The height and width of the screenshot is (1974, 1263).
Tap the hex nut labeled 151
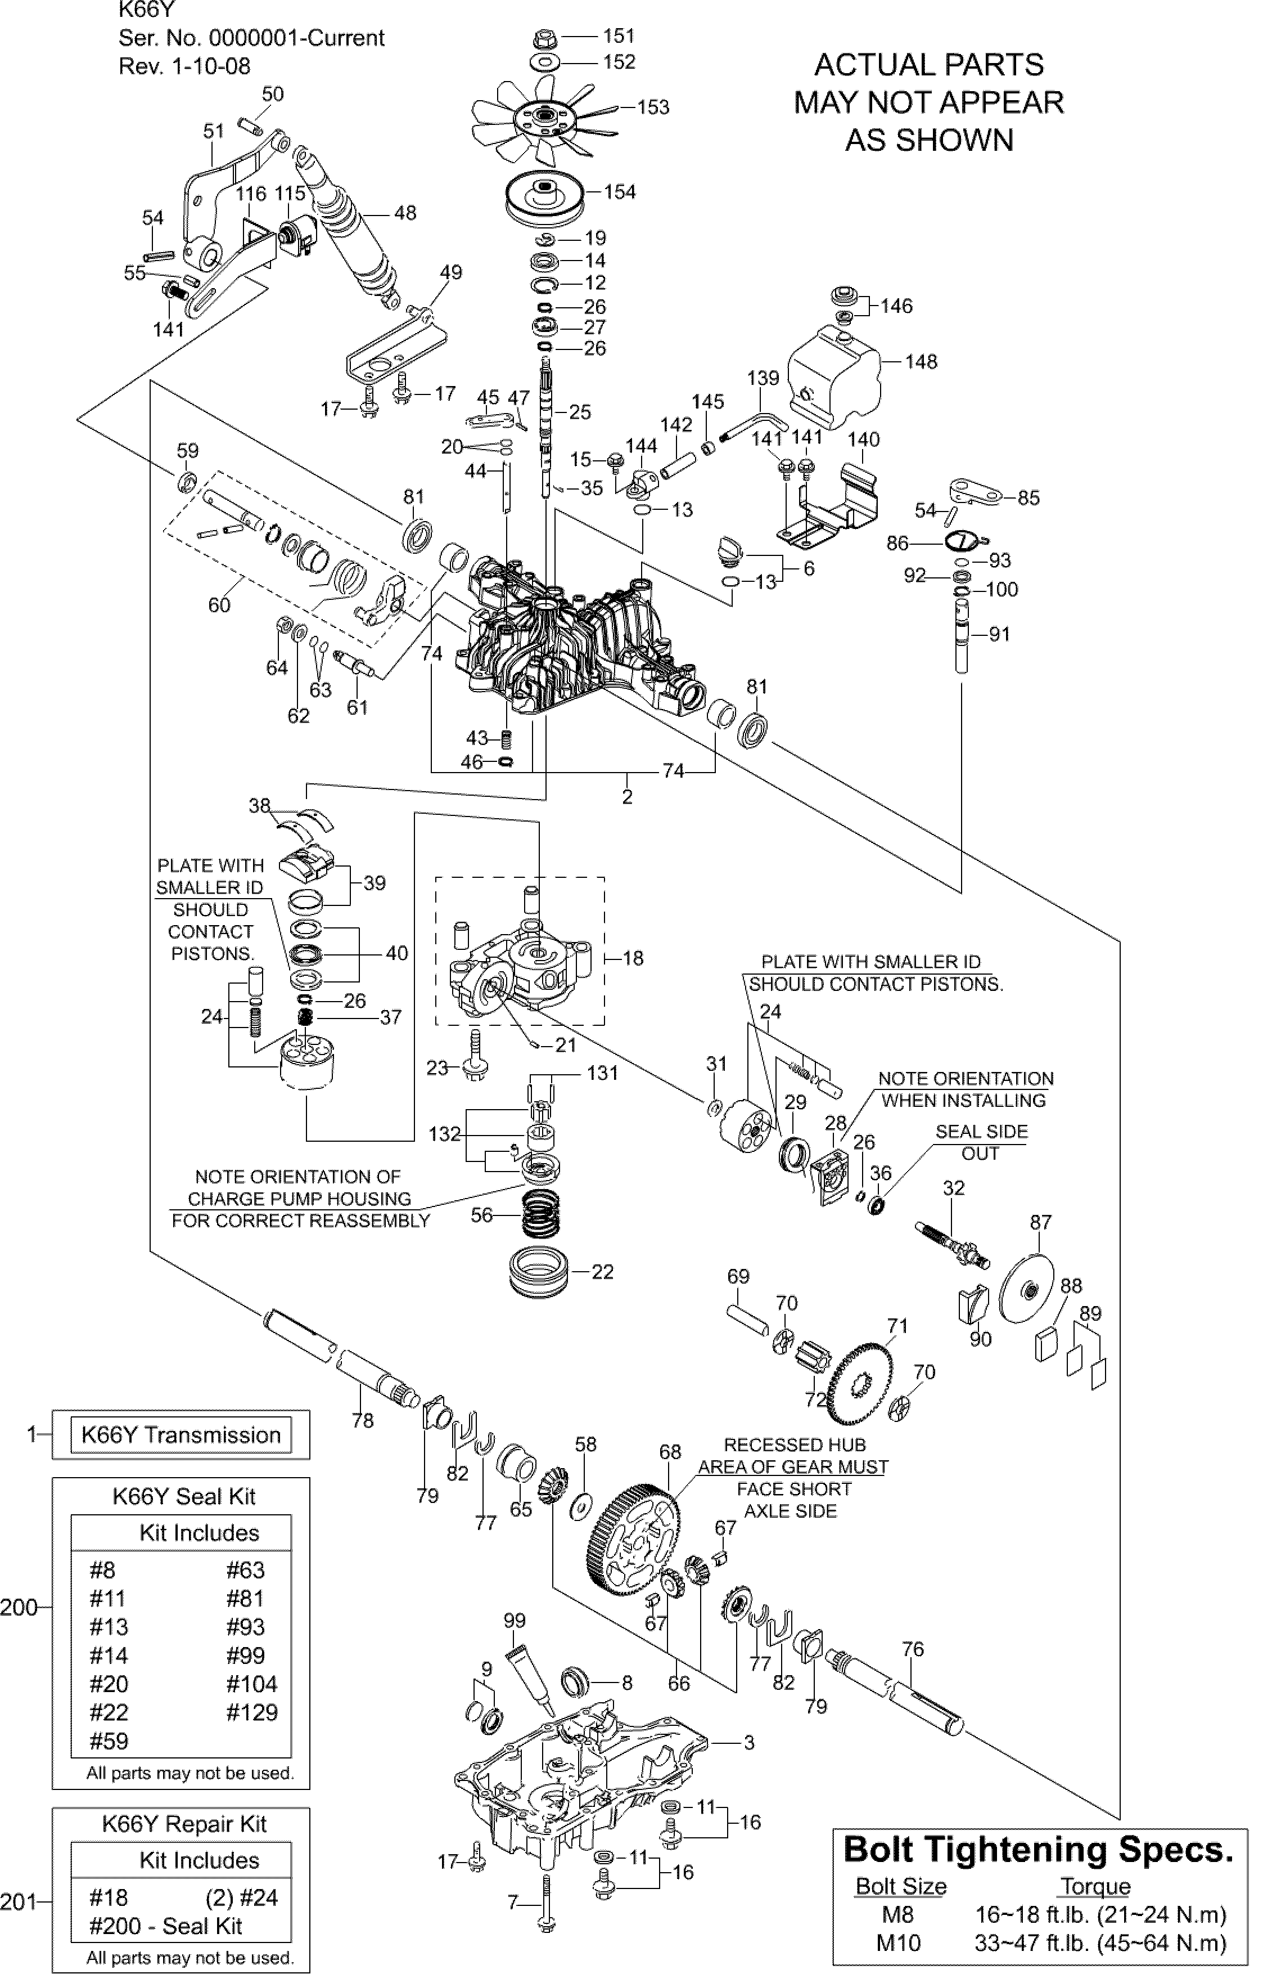click(545, 37)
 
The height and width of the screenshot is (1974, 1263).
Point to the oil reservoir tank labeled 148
click(835, 378)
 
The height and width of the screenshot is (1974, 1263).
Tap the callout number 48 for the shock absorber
click(405, 213)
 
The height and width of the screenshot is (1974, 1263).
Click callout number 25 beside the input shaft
click(580, 412)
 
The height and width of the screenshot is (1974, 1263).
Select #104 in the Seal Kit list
click(252, 1684)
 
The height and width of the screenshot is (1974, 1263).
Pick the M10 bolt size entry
click(898, 1943)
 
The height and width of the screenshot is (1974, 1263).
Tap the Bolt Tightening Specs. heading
click(1038, 1849)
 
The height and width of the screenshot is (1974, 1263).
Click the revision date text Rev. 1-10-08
click(184, 66)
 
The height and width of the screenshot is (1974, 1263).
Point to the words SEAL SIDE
click(982, 1132)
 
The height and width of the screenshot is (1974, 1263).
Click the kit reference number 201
click(18, 1901)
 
